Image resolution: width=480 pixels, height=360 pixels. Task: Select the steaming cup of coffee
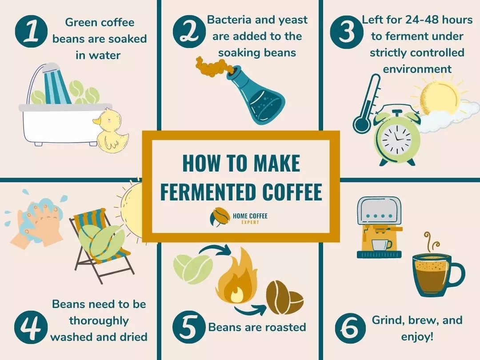[436, 273]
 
